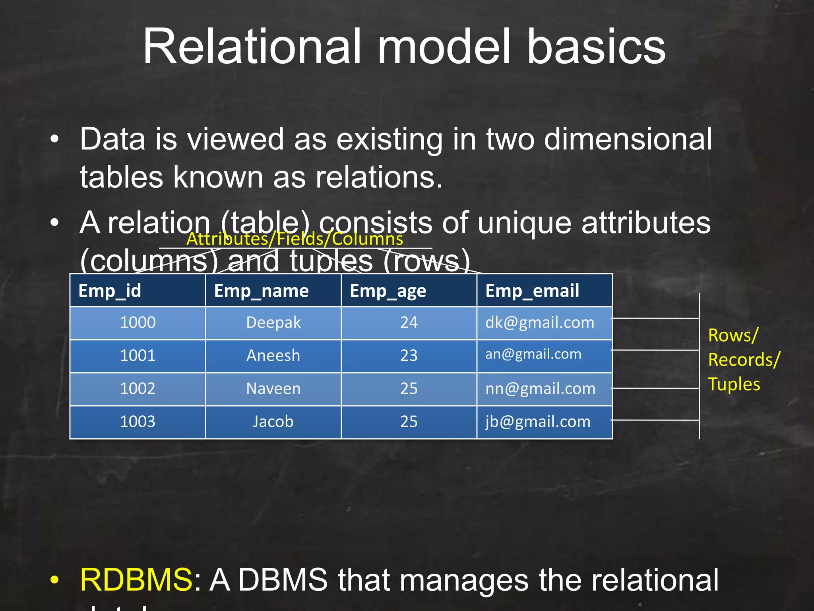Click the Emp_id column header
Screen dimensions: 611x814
coord(110,291)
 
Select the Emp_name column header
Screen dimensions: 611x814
coord(261,291)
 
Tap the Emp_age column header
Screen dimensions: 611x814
coord(388,291)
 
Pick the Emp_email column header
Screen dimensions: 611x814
coord(532,291)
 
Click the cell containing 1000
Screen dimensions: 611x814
coord(138,322)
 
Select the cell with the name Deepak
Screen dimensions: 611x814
coord(273,322)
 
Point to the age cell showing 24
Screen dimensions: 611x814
coord(409,322)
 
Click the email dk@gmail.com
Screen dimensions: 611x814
coord(540,322)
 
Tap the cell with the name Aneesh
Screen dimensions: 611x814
coord(273,355)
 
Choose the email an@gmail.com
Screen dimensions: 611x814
coord(533,354)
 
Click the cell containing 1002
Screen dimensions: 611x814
coord(138,388)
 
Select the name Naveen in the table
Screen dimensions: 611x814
coord(273,388)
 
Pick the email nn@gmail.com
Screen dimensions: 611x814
coord(540,388)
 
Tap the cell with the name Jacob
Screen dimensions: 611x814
coord(273,421)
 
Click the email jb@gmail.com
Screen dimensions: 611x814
coord(538,421)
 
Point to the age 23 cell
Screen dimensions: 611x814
coord(409,355)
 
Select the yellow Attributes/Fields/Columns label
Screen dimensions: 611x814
coord(295,239)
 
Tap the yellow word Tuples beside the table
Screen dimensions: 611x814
coord(734,384)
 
